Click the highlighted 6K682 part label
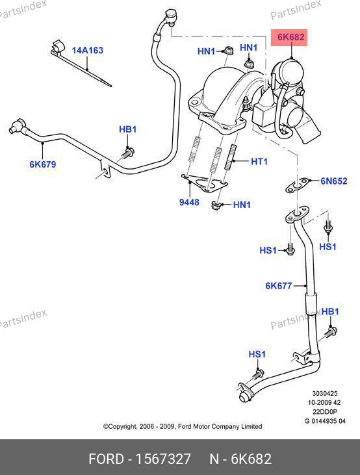click(x=290, y=37)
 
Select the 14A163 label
click(x=88, y=50)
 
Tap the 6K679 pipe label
click(x=43, y=164)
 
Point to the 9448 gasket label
click(x=189, y=202)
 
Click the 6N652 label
click(x=334, y=181)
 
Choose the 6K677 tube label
click(x=279, y=286)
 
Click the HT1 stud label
click(x=259, y=161)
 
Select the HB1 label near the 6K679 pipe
click(x=127, y=129)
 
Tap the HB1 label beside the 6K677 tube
click(x=330, y=312)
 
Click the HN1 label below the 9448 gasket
click(x=242, y=205)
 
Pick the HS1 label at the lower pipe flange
click(x=257, y=354)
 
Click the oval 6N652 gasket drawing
click(x=298, y=185)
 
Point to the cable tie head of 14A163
click(x=58, y=48)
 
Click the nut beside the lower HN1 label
click(x=216, y=205)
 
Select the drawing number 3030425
click(x=325, y=394)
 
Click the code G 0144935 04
click(x=325, y=421)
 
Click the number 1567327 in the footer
click(x=163, y=459)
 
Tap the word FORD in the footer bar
click(x=107, y=459)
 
